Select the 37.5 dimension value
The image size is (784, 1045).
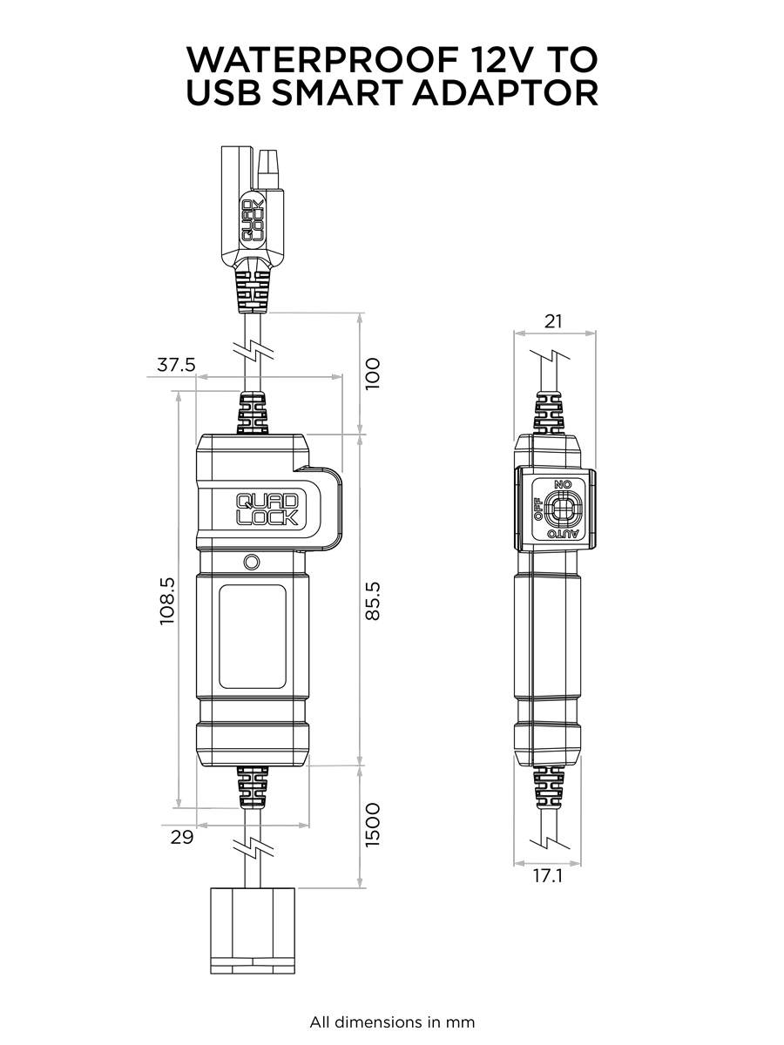(x=176, y=365)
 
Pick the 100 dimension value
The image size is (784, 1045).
(x=373, y=373)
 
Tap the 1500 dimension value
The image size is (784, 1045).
(x=373, y=825)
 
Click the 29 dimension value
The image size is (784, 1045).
(x=182, y=838)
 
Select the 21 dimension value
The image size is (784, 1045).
(x=553, y=321)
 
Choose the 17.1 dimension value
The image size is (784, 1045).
(x=548, y=877)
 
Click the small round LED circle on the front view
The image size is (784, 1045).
(x=253, y=562)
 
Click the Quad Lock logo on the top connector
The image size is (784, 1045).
(x=251, y=219)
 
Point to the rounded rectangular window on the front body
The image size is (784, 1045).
(x=252, y=637)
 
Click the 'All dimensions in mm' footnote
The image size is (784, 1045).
(x=392, y=1022)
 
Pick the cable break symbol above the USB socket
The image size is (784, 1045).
(x=253, y=848)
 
